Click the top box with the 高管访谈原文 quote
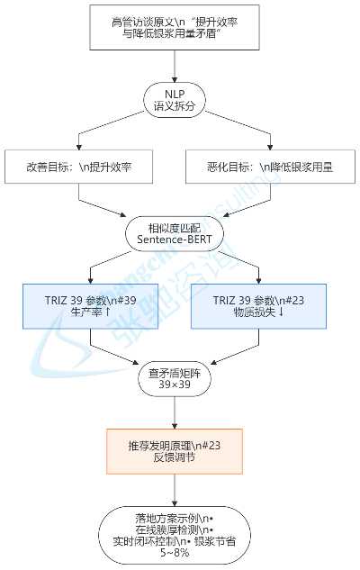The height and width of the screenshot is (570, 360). (175, 28)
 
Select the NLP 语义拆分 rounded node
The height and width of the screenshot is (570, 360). (175, 100)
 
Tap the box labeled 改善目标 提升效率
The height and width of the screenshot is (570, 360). (78, 167)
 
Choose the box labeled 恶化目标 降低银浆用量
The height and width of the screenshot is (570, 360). (270, 167)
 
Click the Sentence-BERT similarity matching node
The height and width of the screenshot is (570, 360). (175, 233)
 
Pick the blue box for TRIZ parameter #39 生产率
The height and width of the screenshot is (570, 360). (91, 306)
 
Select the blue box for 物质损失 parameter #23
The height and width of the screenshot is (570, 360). (258, 306)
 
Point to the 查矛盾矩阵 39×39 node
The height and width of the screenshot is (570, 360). (175, 379)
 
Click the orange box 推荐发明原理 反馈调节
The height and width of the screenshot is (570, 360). (175, 451)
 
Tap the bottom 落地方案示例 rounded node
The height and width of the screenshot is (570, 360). (175, 534)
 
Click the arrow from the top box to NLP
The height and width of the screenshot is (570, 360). (175, 67)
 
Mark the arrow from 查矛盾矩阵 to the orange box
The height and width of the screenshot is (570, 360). (175, 413)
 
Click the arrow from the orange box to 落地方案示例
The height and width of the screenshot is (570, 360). (175, 491)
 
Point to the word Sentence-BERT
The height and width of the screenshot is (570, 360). (175, 240)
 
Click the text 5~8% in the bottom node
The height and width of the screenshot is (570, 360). (175, 553)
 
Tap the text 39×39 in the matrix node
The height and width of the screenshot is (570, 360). (175, 385)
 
